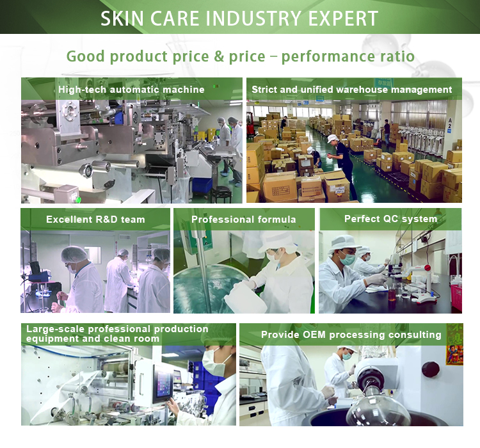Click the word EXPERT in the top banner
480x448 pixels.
click(x=343, y=19)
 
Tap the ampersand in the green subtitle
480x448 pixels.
click(x=219, y=57)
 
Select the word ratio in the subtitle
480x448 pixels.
click(x=397, y=56)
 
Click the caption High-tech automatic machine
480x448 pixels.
click(x=131, y=90)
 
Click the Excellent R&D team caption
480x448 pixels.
click(x=95, y=220)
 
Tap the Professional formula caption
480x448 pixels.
click(x=243, y=220)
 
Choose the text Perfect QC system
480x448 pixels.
click(x=390, y=219)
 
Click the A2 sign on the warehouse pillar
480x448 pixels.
click(x=449, y=124)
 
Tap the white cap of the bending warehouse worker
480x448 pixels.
click(x=332, y=138)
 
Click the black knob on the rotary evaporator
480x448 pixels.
click(x=430, y=369)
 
